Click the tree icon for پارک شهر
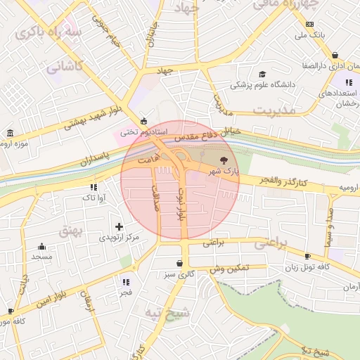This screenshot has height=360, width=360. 224,160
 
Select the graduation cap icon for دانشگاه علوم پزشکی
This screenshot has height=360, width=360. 262,74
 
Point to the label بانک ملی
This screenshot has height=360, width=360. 311,33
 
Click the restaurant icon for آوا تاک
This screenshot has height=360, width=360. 94,187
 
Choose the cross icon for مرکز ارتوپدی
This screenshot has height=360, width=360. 119,226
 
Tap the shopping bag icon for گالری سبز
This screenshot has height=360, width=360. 181,263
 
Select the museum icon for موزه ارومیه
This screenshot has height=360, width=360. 9,134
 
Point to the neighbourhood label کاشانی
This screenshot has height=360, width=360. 65,67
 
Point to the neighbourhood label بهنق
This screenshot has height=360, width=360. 72,230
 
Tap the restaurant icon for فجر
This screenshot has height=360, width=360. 126,281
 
